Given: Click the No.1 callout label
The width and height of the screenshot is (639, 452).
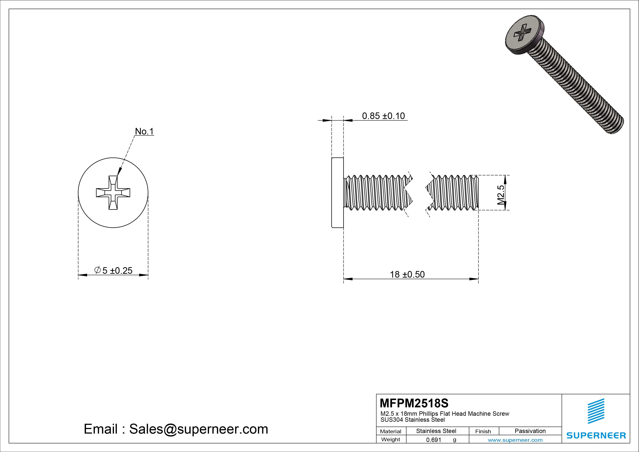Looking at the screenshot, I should pyautogui.click(x=144, y=131).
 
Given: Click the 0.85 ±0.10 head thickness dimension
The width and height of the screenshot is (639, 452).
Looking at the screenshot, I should pyautogui.click(x=383, y=116).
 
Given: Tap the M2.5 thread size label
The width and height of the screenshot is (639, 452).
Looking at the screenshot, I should pyautogui.click(x=501, y=195).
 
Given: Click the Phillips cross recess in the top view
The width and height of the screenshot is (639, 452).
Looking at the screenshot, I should pyautogui.click(x=113, y=193).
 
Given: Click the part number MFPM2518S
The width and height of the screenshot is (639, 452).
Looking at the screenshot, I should pyautogui.click(x=414, y=403).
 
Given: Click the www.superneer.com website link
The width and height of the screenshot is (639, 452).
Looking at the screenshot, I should pyautogui.click(x=515, y=440).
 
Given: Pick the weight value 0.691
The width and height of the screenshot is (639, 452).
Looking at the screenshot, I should pyautogui.click(x=434, y=440).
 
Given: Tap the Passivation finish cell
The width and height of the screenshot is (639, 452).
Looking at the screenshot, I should pyautogui.click(x=530, y=431).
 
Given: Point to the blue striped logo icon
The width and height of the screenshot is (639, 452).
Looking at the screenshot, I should pyautogui.click(x=596, y=411).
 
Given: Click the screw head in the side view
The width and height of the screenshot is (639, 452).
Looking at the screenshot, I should pyautogui.click(x=338, y=193).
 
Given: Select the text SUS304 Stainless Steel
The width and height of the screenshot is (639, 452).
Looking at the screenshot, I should pyautogui.click(x=412, y=420).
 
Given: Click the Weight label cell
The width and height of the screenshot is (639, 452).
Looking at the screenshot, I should pyautogui.click(x=391, y=439).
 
